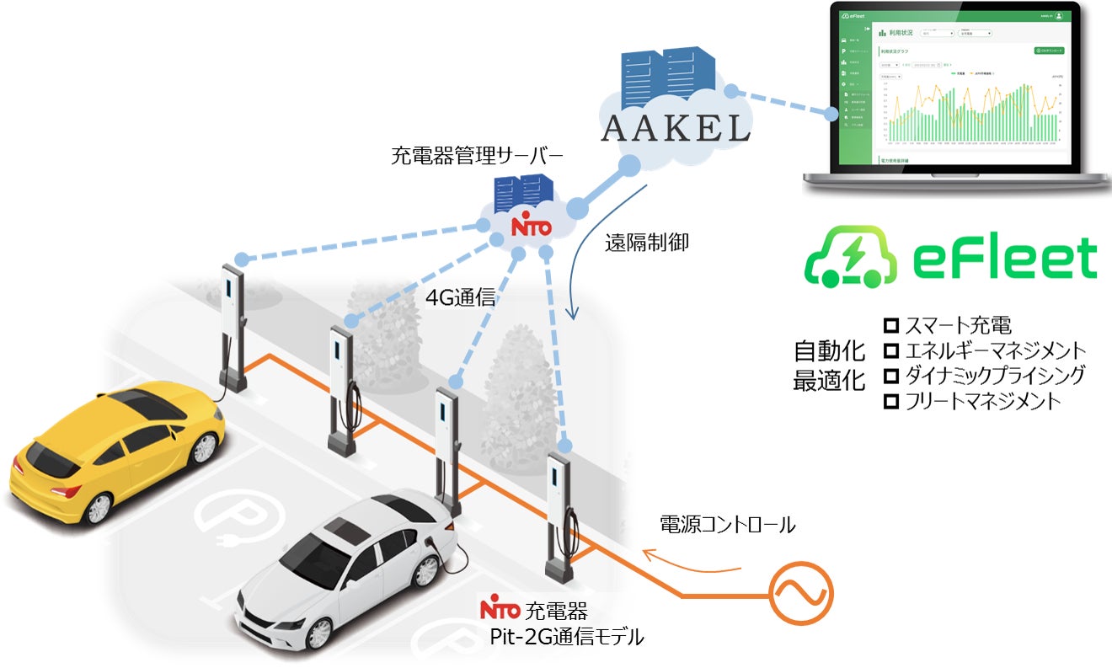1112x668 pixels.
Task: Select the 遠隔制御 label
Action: click(647, 243)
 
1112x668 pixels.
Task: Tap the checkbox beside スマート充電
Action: click(890, 325)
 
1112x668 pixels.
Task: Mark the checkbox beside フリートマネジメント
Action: click(890, 402)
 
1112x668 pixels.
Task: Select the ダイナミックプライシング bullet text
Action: click(995, 376)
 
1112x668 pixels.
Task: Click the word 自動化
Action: click(829, 352)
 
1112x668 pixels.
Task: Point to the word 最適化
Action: click(829, 381)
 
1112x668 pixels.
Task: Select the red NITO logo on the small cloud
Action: click(532, 227)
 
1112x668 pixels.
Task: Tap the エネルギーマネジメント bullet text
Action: click(995, 350)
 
